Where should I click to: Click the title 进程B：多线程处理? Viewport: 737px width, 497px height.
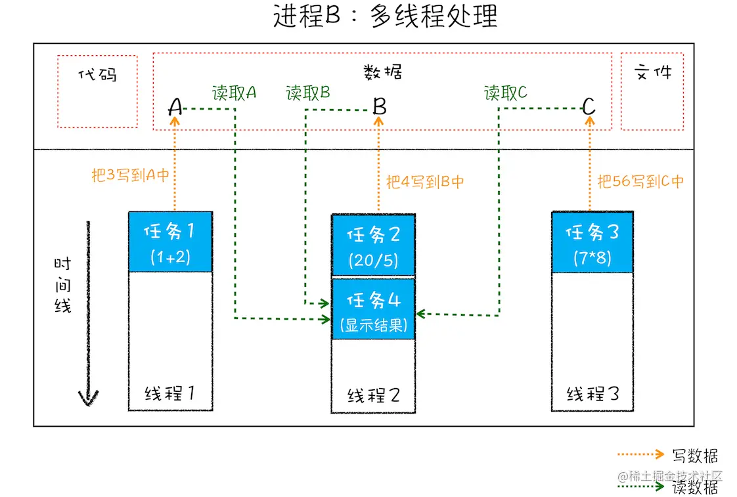point(385,16)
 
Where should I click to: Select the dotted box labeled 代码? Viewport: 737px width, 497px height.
point(97,91)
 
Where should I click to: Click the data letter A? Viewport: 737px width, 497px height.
point(175,107)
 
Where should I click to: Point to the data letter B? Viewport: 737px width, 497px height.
point(379,106)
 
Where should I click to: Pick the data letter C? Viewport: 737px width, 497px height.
point(589,106)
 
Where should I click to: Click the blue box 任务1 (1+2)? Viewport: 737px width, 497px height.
point(170,242)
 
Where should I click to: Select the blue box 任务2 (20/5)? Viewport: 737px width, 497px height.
point(373,244)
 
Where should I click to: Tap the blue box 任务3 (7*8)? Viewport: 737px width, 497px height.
point(592,242)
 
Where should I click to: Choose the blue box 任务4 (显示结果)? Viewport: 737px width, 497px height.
point(373,309)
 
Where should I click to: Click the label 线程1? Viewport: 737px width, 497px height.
point(170,393)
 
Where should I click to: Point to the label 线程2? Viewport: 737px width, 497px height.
point(373,395)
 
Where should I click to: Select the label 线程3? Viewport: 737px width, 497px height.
point(592,393)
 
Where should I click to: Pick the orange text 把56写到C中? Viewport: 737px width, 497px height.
point(640,181)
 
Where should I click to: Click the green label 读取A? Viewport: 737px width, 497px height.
point(234,93)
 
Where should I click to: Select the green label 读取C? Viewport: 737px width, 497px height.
point(506,93)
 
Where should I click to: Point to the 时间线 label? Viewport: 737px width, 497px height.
point(62,284)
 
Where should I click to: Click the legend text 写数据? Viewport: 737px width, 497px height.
point(695,456)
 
